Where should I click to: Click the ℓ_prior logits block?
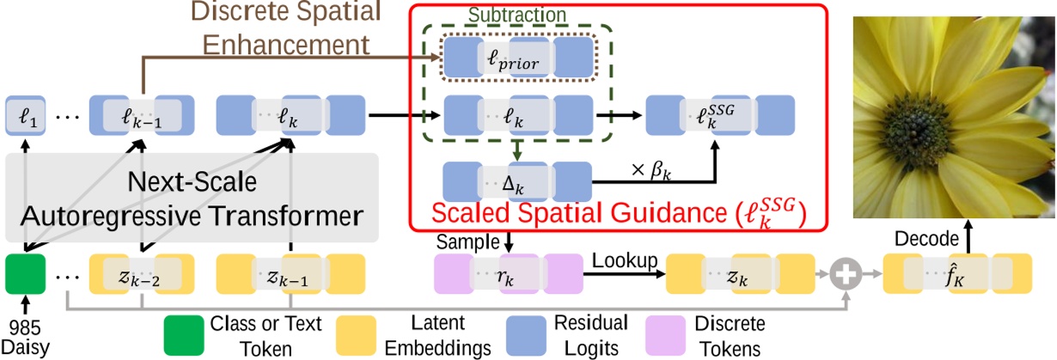click(519, 58)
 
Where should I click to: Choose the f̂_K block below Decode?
click(956, 276)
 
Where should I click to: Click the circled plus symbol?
click(846, 276)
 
